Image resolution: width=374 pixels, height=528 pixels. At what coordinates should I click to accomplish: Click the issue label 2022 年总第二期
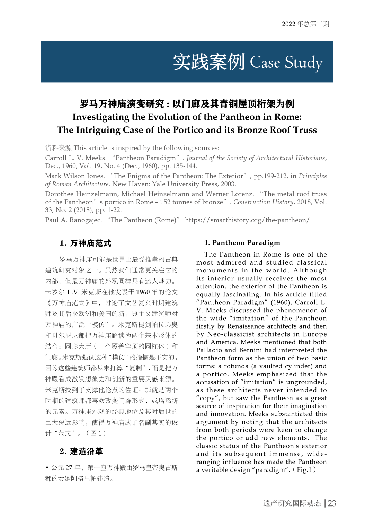305,24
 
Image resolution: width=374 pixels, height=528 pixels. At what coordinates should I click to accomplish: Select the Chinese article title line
187,104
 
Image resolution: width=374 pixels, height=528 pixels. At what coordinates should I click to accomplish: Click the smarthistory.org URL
247,220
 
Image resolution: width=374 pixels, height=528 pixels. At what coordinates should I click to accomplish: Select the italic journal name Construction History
263,202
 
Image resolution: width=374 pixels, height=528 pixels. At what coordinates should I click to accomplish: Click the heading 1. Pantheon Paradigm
242,243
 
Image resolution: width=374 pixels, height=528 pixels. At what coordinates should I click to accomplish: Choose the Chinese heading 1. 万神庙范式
85,243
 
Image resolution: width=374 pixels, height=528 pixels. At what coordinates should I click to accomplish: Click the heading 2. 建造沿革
81,451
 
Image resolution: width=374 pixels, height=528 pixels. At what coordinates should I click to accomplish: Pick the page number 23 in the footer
332,503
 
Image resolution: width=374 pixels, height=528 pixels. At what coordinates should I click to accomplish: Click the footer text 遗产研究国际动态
292,503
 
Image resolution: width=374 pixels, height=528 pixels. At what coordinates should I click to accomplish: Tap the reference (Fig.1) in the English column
304,470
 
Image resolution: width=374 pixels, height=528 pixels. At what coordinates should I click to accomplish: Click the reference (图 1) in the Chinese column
96,433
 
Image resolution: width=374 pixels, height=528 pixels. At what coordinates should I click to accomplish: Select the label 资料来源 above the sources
58,148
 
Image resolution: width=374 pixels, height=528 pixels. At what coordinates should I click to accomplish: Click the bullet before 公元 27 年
47,468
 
